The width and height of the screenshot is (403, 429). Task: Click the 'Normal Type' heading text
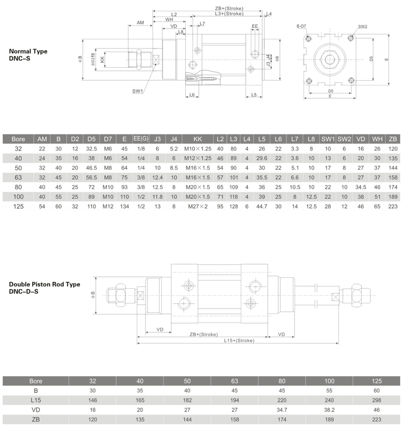pos(28,52)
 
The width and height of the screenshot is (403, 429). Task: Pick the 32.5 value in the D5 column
pos(91,148)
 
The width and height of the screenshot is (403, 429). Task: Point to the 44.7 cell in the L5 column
pos(262,206)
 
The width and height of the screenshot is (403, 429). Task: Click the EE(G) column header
pos(141,139)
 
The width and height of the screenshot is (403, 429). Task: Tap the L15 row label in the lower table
pos(35,400)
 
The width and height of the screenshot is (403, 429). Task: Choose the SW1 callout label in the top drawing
pos(138,91)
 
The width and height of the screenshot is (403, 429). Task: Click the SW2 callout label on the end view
pos(363,26)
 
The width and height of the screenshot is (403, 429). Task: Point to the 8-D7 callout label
pos(301,26)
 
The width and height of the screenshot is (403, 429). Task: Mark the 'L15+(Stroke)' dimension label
pos(238,340)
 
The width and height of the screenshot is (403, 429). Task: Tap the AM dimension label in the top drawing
pos(140,23)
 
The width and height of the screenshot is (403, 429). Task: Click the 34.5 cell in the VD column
pos(361,187)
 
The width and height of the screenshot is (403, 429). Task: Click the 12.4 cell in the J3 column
pos(157,177)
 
